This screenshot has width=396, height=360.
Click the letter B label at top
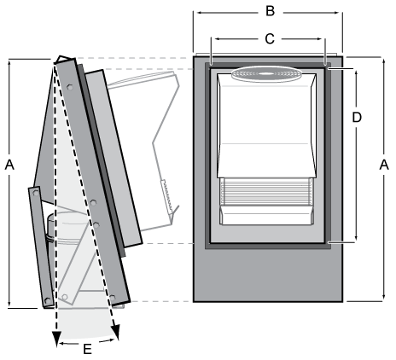point(270,11)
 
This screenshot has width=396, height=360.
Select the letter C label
point(270,38)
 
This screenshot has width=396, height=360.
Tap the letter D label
point(358,117)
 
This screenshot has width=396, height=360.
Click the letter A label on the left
point(11,162)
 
